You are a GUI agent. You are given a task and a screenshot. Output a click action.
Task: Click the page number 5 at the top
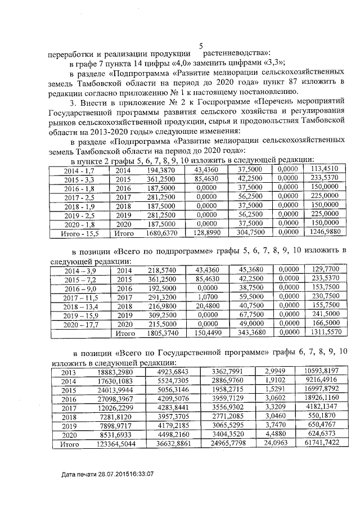click(201, 47)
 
